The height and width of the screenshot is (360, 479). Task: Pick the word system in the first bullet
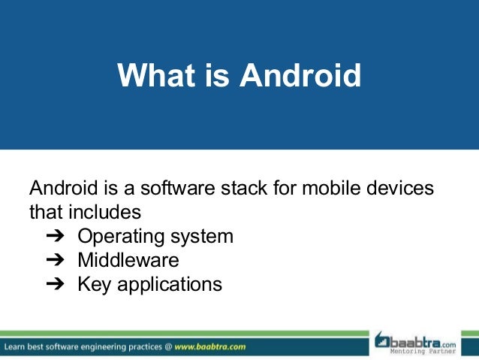click(203, 237)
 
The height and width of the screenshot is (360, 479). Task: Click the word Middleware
click(128, 261)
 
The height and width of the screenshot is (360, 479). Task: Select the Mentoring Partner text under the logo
click(425, 351)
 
